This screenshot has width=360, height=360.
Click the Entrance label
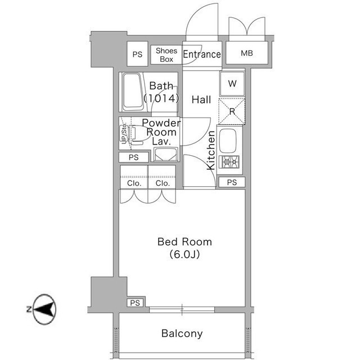pyautogui.click(x=202, y=55)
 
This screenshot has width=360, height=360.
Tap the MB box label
pyautogui.click(x=246, y=55)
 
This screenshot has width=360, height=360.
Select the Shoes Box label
pyautogui.click(x=166, y=55)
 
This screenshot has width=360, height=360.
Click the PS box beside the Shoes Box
pyautogui.click(x=137, y=55)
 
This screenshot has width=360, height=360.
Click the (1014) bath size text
pyautogui.click(x=161, y=98)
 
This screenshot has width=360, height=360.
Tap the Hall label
pyautogui.click(x=201, y=100)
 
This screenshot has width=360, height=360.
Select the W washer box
pyautogui.click(x=232, y=84)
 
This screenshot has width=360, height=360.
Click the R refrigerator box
pyautogui.click(x=232, y=111)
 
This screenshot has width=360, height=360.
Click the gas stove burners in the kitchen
pyautogui.click(x=229, y=162)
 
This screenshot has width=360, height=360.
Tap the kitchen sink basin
pyautogui.click(x=229, y=141)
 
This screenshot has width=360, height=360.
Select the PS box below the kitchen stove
pyautogui.click(x=232, y=182)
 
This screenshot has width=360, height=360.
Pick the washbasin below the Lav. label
pyautogui.click(x=166, y=155)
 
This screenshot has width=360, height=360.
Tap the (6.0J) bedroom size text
pyautogui.click(x=184, y=254)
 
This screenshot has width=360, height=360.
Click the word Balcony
pyautogui.click(x=182, y=334)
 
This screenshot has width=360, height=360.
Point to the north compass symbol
pyautogui.click(x=43, y=309)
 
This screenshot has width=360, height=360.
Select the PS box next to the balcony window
pyautogui.click(x=135, y=303)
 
